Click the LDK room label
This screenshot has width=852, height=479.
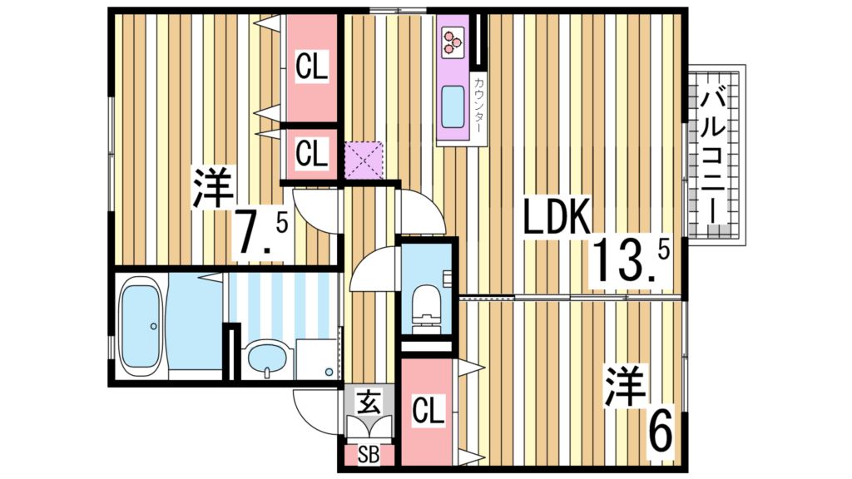[557, 218]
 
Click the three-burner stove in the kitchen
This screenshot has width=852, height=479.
[452, 42]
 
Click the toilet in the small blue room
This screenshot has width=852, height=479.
[426, 305]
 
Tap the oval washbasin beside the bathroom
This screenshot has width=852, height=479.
[267, 358]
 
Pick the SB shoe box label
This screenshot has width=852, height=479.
[367, 454]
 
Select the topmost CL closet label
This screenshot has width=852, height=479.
[312, 67]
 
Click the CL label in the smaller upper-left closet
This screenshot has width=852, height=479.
[310, 153]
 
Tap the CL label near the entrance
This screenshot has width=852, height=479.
[428, 410]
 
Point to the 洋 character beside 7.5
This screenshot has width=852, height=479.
[213, 188]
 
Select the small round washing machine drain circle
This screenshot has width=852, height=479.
[329, 371]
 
